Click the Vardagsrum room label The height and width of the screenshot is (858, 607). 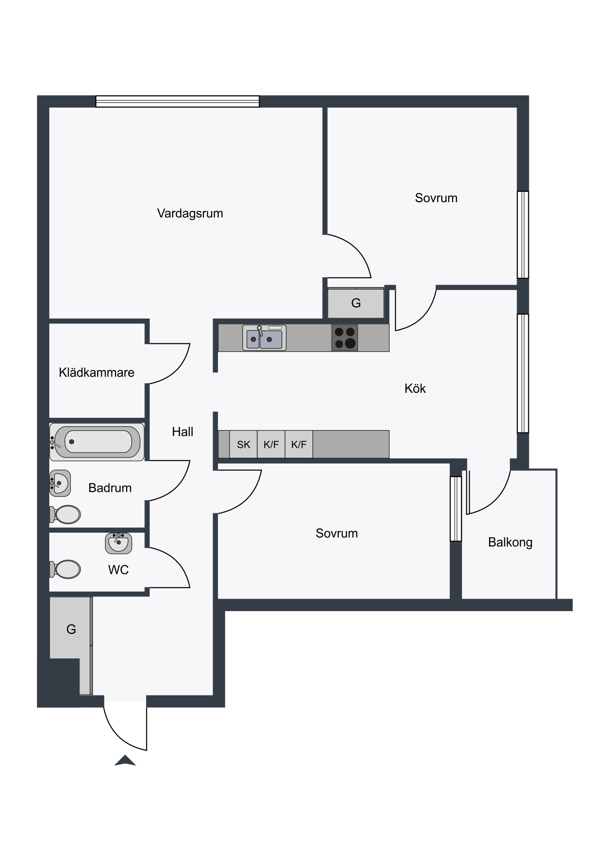click(190, 213)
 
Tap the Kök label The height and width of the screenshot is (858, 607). click(415, 389)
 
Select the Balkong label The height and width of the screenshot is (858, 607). click(510, 542)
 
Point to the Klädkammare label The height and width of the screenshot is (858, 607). click(96, 372)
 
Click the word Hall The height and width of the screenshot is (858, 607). click(183, 432)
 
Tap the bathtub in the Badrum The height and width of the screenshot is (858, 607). click(97, 442)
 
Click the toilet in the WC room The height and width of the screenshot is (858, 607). click(65, 569)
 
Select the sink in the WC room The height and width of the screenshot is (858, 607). click(119, 544)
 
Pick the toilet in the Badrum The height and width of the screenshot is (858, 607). click(65, 514)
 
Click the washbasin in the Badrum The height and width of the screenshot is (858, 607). click(60, 483)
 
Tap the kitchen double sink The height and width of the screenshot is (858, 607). click(264, 338)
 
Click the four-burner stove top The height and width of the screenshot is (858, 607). click(345, 338)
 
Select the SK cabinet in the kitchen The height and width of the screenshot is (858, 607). click(243, 444)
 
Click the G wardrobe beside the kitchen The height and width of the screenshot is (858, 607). click(356, 303)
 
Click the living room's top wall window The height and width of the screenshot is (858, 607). click(178, 101)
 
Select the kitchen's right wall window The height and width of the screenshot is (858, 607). click(523, 373)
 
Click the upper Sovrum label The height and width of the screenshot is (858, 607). click(436, 198)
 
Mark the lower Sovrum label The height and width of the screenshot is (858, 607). click(337, 533)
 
